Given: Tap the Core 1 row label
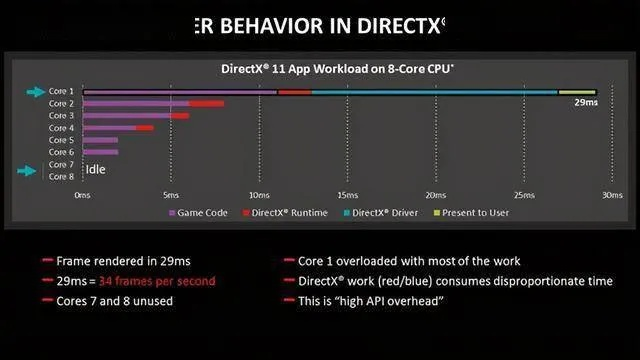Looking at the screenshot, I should (61, 91).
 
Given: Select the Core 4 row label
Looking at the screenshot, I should (61, 128).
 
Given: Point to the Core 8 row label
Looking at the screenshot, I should (61, 176).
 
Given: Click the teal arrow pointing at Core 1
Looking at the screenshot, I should (35, 91).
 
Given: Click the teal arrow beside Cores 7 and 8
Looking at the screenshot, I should (35, 170).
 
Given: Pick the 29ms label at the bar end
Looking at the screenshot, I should (584, 102).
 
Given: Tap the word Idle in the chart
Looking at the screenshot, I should (95, 170).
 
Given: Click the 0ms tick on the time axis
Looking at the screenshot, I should (83, 195).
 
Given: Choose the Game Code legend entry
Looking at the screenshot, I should (201, 212).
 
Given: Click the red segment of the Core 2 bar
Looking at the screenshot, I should (206, 103).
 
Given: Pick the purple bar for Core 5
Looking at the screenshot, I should (100, 140).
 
